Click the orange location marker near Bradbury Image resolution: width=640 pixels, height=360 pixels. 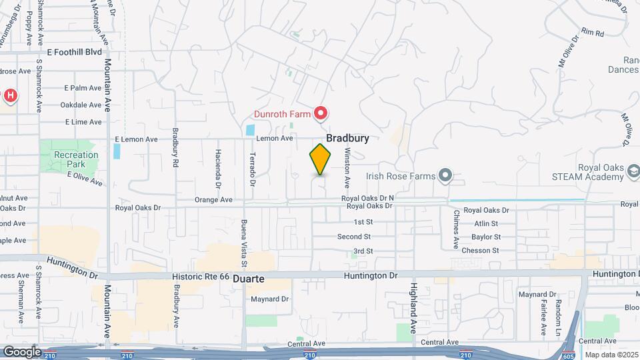tap(320, 159)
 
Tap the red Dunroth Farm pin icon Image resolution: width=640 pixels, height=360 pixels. tap(321, 113)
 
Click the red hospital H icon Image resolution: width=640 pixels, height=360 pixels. tap(10, 96)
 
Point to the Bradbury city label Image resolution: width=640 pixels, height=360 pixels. tap(347, 138)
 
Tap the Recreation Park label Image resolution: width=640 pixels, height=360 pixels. tap(76, 159)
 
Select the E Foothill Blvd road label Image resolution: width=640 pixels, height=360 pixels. tap(74, 51)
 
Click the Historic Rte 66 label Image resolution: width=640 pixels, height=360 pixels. tap(201, 276)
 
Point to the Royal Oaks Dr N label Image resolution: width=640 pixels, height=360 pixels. tap(368, 198)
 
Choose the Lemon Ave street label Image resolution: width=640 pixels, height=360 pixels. tap(275, 138)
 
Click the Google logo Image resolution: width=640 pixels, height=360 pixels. tap(22, 351)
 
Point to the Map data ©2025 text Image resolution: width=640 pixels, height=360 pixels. tap(611, 355)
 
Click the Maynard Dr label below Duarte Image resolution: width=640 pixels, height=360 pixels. tap(269, 299)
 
